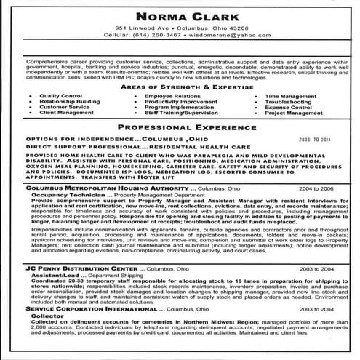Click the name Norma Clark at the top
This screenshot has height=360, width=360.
coord(180,14)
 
